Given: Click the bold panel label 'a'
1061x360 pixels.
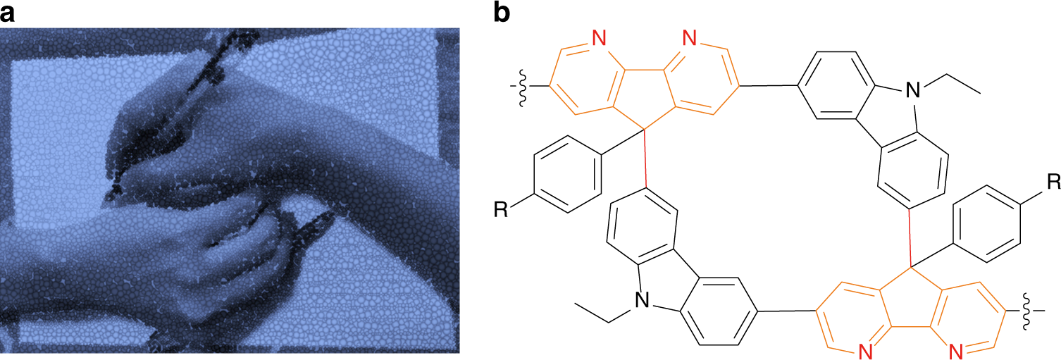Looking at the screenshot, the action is [7, 13].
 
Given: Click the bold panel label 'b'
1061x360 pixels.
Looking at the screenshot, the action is [502, 12].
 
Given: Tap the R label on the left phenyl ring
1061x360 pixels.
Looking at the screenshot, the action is [501, 209].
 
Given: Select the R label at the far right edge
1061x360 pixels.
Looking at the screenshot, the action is [1053, 182].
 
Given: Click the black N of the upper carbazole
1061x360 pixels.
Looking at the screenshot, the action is [913, 90].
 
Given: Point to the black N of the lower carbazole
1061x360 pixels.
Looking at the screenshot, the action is [642, 300].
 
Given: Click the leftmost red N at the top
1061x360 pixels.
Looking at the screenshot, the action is [599, 38].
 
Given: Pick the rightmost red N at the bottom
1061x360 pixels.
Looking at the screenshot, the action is [956, 352].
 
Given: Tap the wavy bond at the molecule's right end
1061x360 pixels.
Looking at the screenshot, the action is [1027, 311].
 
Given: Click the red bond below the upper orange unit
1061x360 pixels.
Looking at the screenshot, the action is [645, 159].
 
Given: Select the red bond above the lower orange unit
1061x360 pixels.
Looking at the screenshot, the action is [910, 238].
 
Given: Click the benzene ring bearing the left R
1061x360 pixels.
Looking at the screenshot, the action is [568, 174].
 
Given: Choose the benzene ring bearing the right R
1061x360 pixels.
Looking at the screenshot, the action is [986, 223].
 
